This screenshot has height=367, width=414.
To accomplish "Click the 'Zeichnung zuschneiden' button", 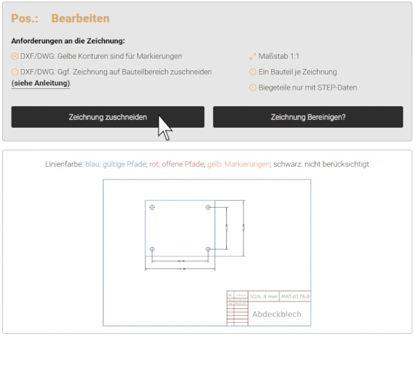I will click(108, 117).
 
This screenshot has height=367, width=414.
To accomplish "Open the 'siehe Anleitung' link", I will click(41, 83).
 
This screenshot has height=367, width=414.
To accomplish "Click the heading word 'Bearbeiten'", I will click(80, 18).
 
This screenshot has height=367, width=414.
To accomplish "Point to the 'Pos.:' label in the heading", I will click(25, 18).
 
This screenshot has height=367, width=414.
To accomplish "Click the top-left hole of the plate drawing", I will click(152, 207).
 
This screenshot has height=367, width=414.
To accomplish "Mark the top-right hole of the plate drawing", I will click(208, 207).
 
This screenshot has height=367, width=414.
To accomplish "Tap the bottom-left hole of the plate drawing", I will click(152, 249).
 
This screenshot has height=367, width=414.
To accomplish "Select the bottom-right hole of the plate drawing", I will click(208, 249).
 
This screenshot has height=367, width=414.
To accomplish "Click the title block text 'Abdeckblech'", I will click(276, 314).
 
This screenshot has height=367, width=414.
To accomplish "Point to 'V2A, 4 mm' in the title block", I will click(264, 297).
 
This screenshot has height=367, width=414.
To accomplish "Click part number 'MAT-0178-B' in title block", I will click(295, 297).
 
